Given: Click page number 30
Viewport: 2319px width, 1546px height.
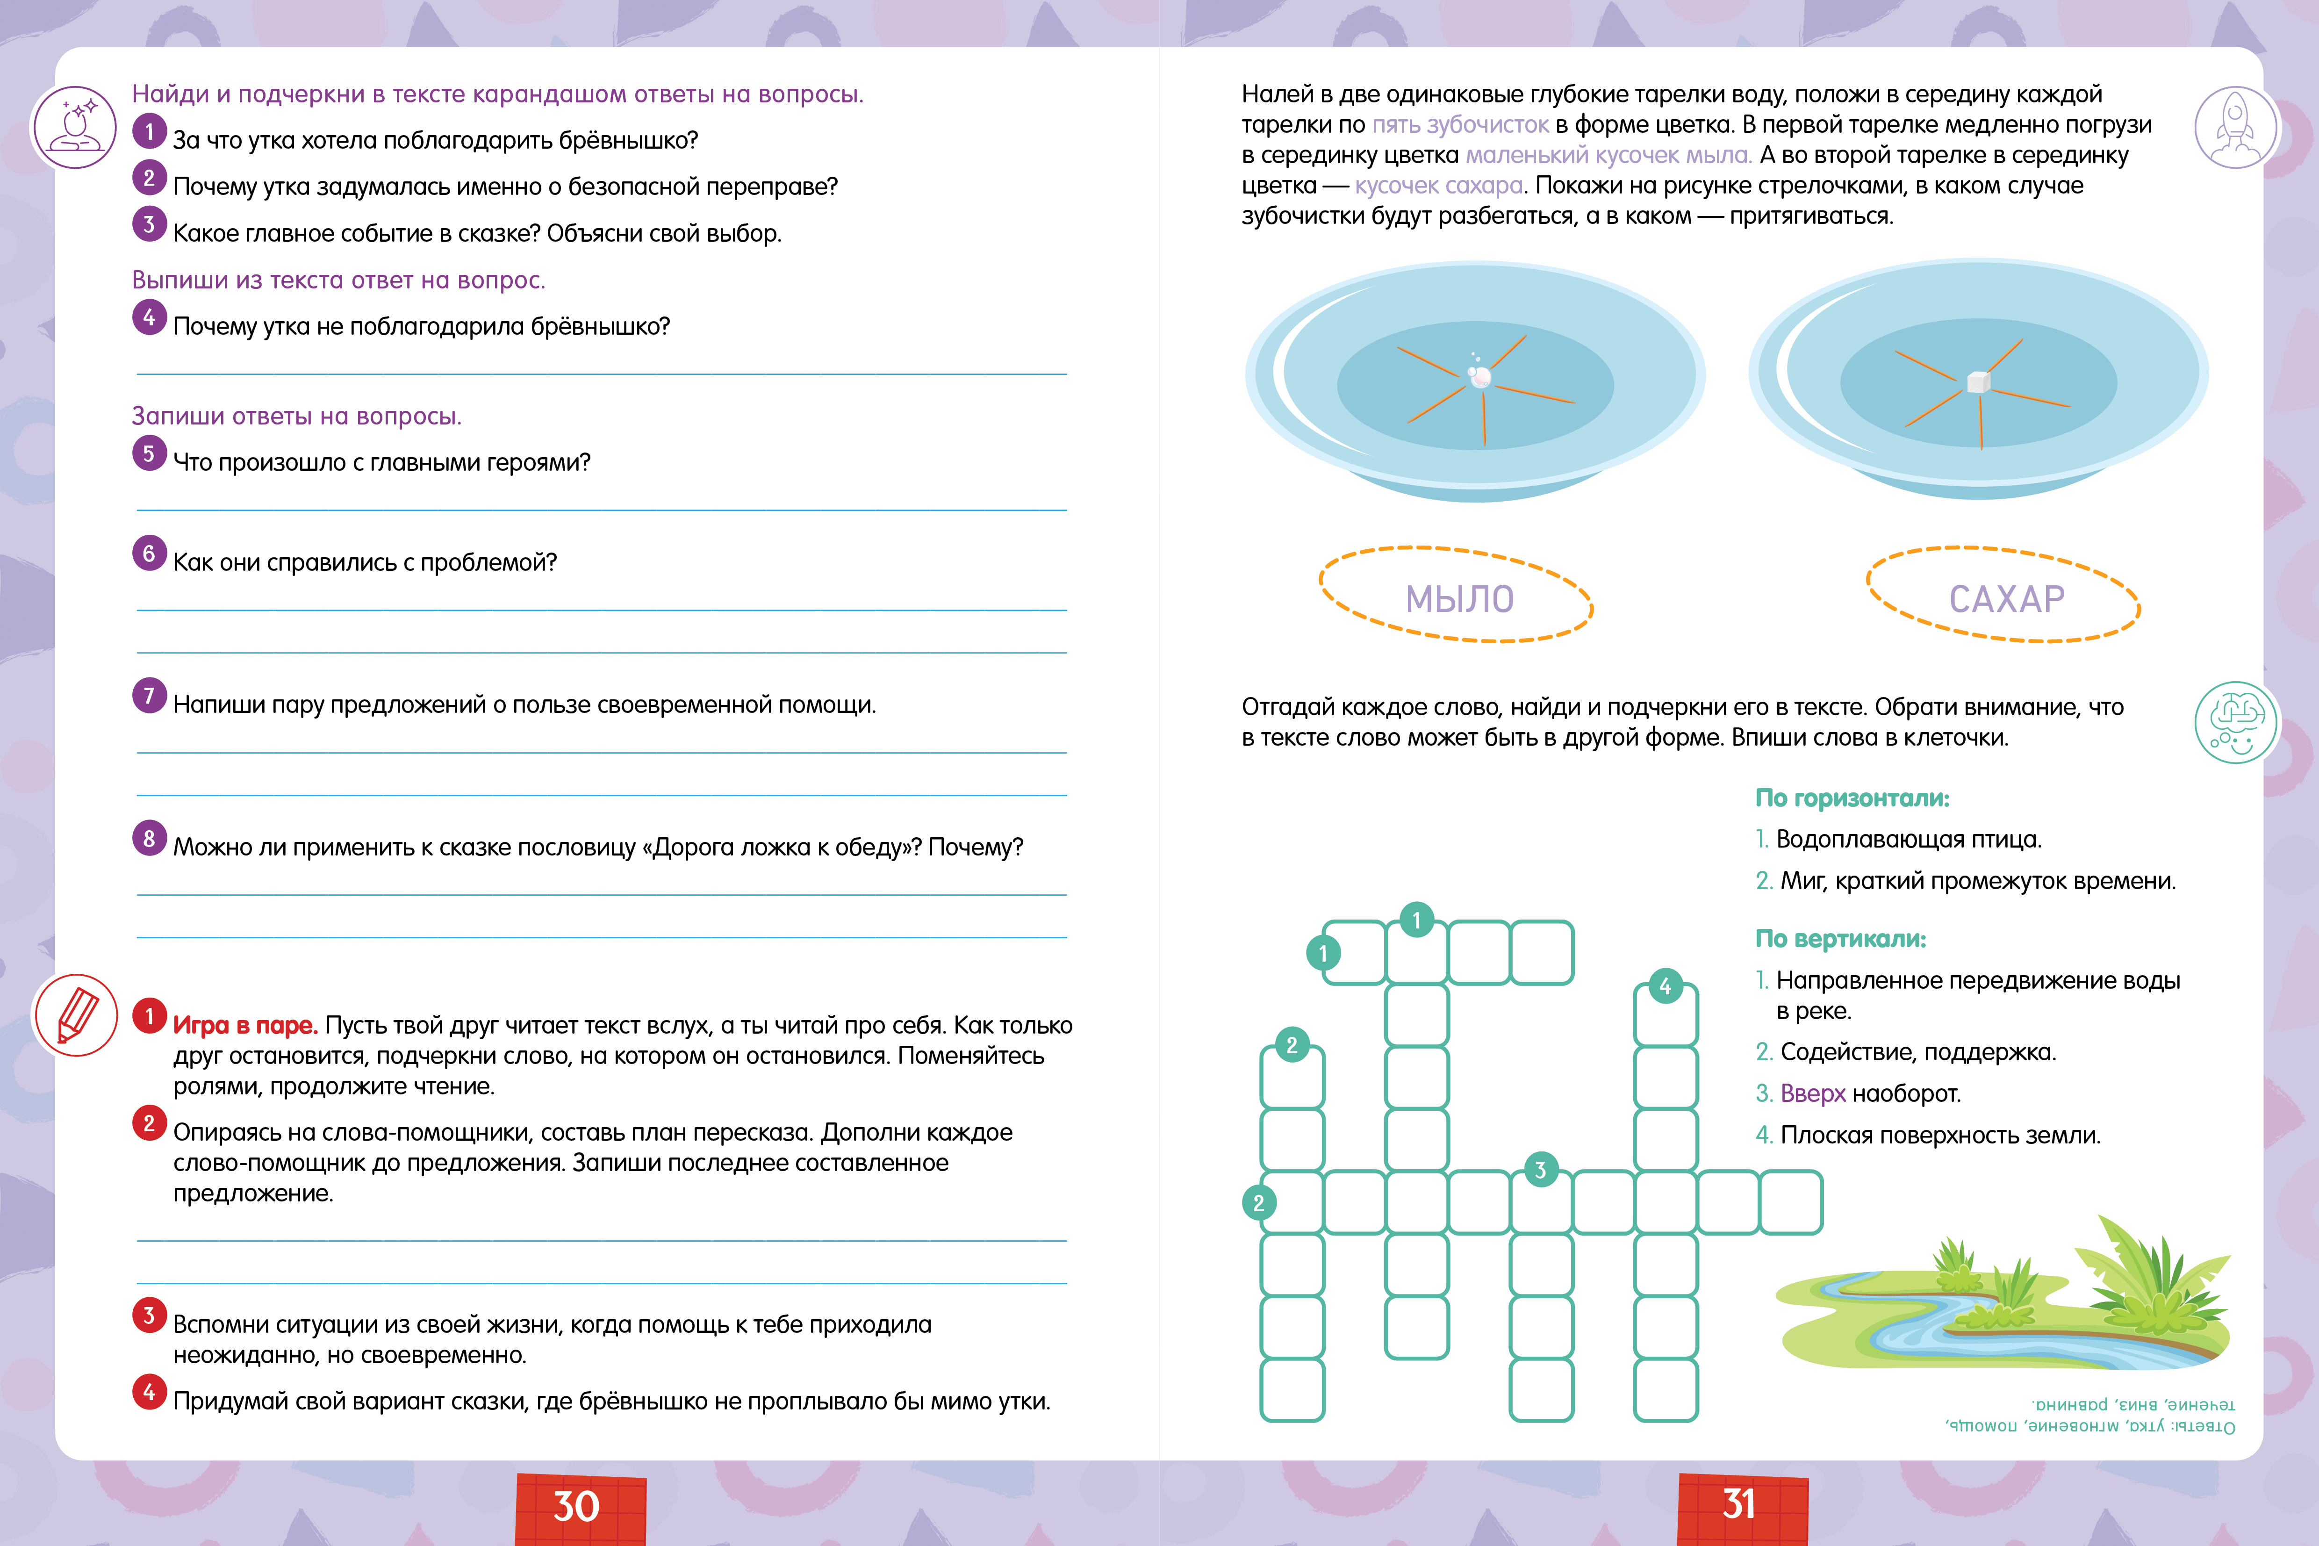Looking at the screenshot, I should tap(577, 1506).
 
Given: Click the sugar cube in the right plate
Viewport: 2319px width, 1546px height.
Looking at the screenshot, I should tap(1978, 381).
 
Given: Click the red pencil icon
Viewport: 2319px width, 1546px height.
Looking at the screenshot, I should tap(76, 1014).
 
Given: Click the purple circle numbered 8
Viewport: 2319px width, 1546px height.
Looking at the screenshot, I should tap(149, 838).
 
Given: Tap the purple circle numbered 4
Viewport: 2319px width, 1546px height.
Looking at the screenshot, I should tap(149, 317).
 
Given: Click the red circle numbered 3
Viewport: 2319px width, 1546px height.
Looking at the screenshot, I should tap(149, 1315).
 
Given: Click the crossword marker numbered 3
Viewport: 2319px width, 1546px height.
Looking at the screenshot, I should tap(1540, 1170).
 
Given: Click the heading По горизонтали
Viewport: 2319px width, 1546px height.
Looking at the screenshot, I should tap(1852, 798).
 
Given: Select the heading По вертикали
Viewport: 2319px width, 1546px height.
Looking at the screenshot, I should tap(1840, 939).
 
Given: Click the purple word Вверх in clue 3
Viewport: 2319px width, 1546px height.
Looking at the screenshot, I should tap(1812, 1093).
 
